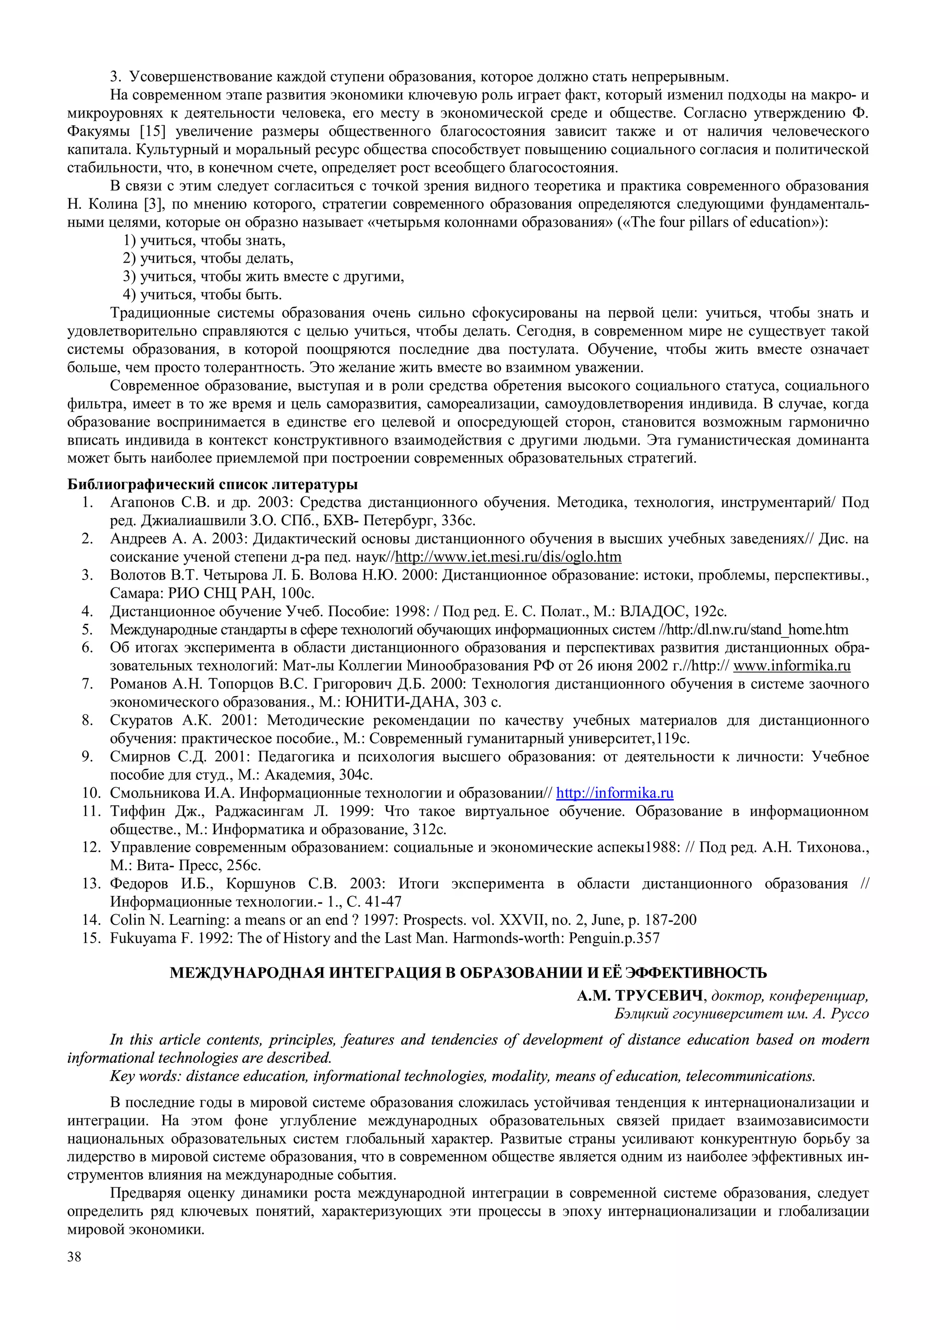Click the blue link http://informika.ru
pyautogui.click(x=615, y=793)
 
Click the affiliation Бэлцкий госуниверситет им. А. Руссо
pyautogui.click(x=741, y=1014)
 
